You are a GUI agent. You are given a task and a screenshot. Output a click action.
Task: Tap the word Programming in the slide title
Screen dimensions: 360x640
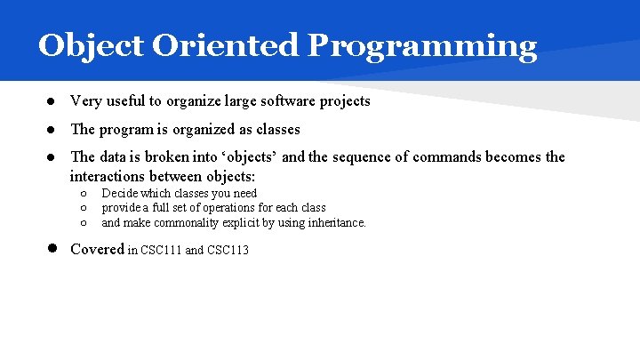422,46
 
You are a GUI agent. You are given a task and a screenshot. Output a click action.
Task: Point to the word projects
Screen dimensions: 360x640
343,101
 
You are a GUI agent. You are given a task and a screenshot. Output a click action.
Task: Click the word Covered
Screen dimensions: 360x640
97,250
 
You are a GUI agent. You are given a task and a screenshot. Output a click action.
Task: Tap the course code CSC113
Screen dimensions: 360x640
228,251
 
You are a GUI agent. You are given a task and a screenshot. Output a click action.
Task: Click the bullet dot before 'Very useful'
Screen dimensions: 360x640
52,101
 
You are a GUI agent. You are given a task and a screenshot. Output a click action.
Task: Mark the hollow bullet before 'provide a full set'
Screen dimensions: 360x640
82,208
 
